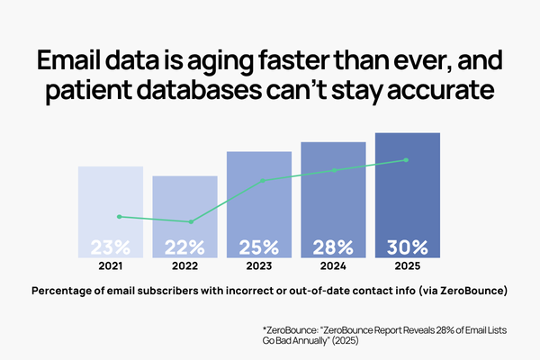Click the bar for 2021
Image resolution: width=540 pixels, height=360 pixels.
pos(111,212)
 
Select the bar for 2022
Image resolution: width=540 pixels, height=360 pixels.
pos(184,217)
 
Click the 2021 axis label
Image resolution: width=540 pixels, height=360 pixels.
pos(111,266)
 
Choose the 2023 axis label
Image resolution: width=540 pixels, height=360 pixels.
pos(259,266)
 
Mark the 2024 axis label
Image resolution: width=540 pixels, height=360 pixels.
pos(333,266)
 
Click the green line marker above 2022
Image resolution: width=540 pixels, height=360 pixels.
pos(191,221)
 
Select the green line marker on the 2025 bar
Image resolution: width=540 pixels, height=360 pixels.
pos(407,160)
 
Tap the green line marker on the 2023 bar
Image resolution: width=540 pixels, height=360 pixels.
pos(263,180)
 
